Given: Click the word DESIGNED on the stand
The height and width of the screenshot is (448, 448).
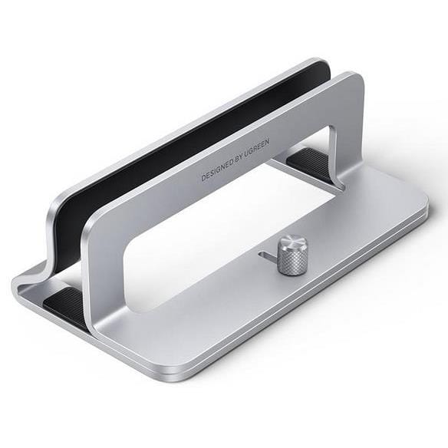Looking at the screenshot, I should click(x=217, y=168).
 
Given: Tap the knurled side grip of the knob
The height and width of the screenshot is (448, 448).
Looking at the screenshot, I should click(x=292, y=263).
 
